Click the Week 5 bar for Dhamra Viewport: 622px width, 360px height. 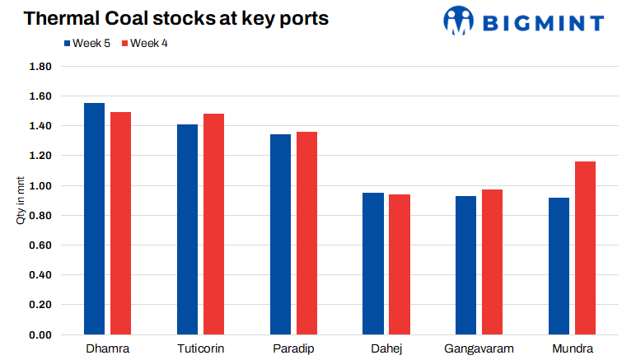[x=94, y=218]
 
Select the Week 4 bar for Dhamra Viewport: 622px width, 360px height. [x=120, y=223]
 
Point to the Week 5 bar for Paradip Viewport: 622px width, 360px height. [x=280, y=234]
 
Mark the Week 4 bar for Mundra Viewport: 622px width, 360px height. [x=586, y=248]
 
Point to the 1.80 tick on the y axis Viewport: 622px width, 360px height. [x=40, y=67]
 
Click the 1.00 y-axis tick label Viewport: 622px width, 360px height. [x=40, y=186]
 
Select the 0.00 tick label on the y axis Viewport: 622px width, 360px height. [x=40, y=335]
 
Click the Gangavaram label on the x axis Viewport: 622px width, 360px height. [x=479, y=348]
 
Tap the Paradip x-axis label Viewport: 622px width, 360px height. [x=293, y=348]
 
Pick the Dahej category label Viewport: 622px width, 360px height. [x=386, y=348]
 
